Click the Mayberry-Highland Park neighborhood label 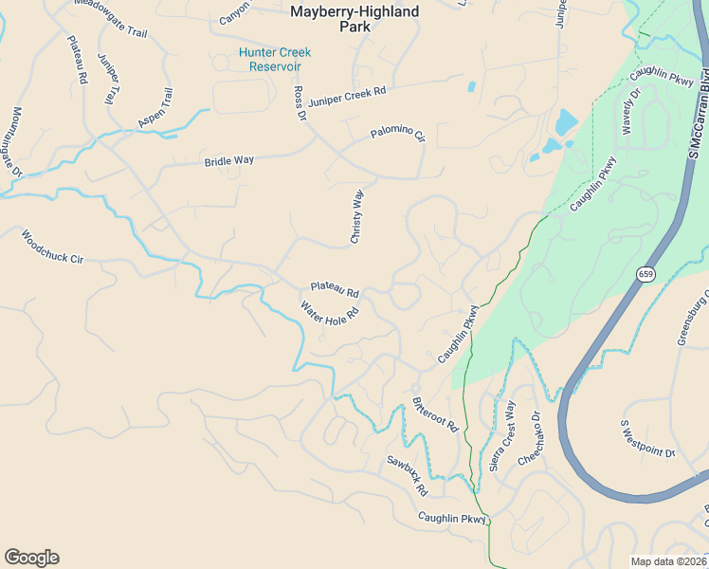(x=342, y=19)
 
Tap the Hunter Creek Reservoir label (x=274, y=59)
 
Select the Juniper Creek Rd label (x=348, y=94)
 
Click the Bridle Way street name (x=229, y=161)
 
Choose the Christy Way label (x=357, y=216)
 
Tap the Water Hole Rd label (x=329, y=314)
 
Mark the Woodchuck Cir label (x=52, y=246)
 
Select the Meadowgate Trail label (x=111, y=19)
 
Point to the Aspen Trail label (x=156, y=108)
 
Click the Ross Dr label (x=300, y=103)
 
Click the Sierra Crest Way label (x=502, y=435)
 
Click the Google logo (x=31, y=558)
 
